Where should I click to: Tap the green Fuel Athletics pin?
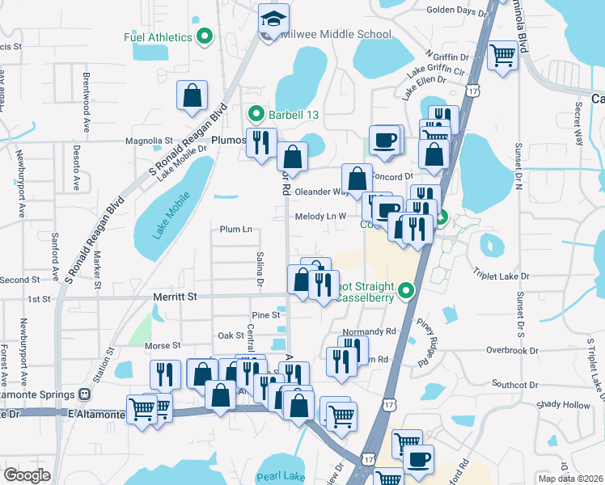coord(204,36)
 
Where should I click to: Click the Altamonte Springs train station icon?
coord(85,394)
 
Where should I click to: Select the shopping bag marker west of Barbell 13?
coord(193,95)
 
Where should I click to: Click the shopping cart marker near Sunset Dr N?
coord(502,56)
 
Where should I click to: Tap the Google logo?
coord(27,474)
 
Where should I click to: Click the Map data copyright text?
coord(571,479)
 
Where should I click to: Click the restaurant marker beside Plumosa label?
coord(261,144)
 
